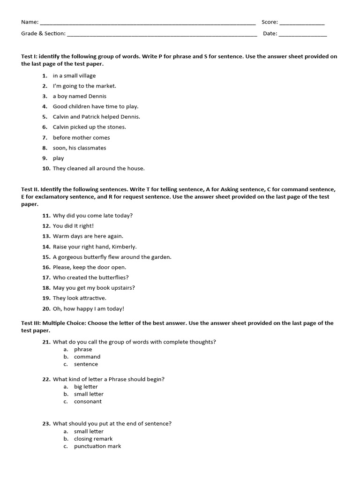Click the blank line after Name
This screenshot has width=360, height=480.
148,23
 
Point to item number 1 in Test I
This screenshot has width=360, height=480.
45,75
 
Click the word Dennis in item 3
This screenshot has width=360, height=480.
97,96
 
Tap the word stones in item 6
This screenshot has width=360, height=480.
117,127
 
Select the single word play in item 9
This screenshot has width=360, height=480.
58,158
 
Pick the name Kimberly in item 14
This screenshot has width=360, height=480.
124,247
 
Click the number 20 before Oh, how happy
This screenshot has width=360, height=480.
46,308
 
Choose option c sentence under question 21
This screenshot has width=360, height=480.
86,364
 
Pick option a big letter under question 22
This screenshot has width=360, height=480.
86,387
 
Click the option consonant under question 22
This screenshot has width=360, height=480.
88,402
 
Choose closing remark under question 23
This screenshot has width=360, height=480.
93,439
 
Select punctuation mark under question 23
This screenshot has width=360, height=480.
97,446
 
